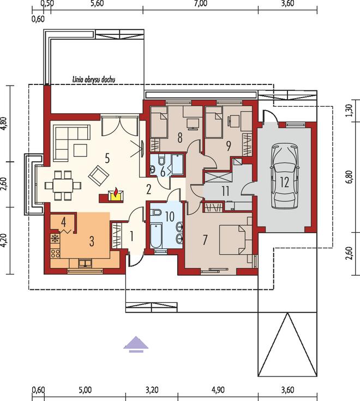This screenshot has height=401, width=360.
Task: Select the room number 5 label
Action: coord(107,159)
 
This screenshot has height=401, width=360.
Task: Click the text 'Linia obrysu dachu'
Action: coord(93,80)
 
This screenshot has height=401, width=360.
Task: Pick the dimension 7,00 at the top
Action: coord(201,3)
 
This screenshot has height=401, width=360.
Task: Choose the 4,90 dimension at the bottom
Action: coord(218,390)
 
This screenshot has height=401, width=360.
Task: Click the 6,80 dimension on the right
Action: coord(350,177)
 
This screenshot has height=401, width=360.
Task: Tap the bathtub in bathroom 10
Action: coord(156,236)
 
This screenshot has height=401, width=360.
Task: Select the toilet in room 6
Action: coord(161,159)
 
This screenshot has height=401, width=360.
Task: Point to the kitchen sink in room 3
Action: coord(85,263)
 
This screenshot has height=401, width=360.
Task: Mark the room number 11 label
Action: coord(226,191)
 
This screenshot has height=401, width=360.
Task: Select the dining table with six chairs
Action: coord(63,185)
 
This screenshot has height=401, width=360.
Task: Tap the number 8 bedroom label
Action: coord(180,138)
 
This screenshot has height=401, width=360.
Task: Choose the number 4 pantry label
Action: coord(63,222)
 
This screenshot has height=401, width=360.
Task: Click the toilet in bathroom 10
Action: coord(156,213)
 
